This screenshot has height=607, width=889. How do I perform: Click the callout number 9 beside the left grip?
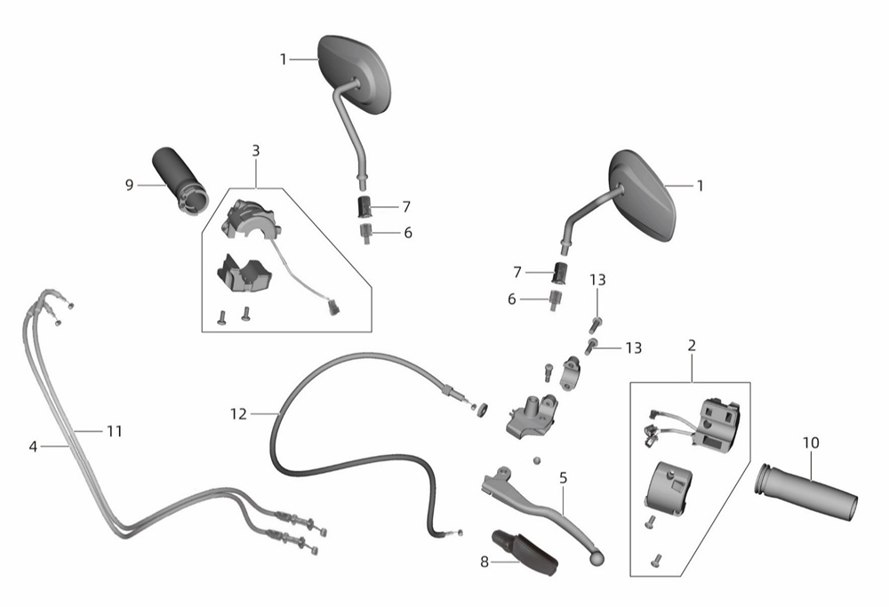coord(129,186)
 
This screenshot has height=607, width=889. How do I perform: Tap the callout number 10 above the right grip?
coord(812,443)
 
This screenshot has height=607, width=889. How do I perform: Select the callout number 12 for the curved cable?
coord(238,415)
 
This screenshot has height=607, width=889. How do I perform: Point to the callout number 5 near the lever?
coord(563,478)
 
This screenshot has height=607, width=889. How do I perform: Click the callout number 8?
coord(485,563)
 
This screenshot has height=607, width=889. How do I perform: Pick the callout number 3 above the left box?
coord(256,151)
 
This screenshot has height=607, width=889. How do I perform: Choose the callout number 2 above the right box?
coord(692,345)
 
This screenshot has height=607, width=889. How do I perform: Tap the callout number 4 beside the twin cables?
coord(33,447)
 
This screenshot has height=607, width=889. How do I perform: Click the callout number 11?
coord(115,432)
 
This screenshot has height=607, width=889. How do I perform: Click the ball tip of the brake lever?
coord(597,559)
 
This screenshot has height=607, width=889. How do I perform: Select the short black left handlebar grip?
coord(180,180)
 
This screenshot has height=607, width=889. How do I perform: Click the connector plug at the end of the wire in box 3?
coord(332,307)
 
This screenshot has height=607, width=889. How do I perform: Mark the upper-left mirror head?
coord(355,75)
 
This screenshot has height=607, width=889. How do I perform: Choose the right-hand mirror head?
coord(644,196)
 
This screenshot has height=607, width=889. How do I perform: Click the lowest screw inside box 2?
coord(657,559)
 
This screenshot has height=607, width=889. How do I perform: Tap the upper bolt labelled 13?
coord(595,324)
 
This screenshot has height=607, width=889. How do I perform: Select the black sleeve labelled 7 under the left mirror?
coord(364,206)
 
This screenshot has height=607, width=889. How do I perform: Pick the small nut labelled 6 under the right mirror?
coord(554,298)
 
